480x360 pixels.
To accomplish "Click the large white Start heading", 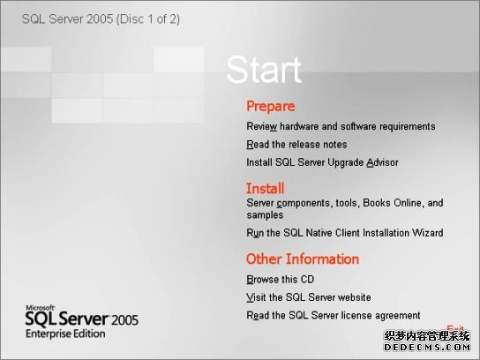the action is (264, 70).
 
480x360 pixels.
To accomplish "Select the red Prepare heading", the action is (271, 107).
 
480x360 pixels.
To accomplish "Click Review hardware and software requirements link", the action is (341, 126).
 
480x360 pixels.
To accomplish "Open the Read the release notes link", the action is (296, 144).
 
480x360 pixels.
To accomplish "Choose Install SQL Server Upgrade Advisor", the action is (322, 162).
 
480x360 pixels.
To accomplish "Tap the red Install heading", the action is (265, 188).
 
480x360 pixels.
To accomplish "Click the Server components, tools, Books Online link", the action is (345, 209).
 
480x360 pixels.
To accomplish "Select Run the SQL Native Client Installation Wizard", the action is (345, 233).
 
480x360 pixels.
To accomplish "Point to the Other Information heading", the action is (303, 259).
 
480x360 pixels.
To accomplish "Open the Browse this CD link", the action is (280, 279).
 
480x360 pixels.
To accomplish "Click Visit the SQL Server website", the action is (309, 297).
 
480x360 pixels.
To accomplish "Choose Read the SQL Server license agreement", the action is (334, 315).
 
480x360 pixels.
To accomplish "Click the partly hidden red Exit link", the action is (455, 328).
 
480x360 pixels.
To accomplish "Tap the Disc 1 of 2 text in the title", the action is (148, 19).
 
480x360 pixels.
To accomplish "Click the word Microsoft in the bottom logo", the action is (40, 308).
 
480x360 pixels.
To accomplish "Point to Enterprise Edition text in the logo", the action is (65, 334).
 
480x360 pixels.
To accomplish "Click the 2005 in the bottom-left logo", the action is (125, 320).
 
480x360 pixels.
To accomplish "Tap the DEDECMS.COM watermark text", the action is (427, 347).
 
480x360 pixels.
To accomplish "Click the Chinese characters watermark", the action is (427, 336).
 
